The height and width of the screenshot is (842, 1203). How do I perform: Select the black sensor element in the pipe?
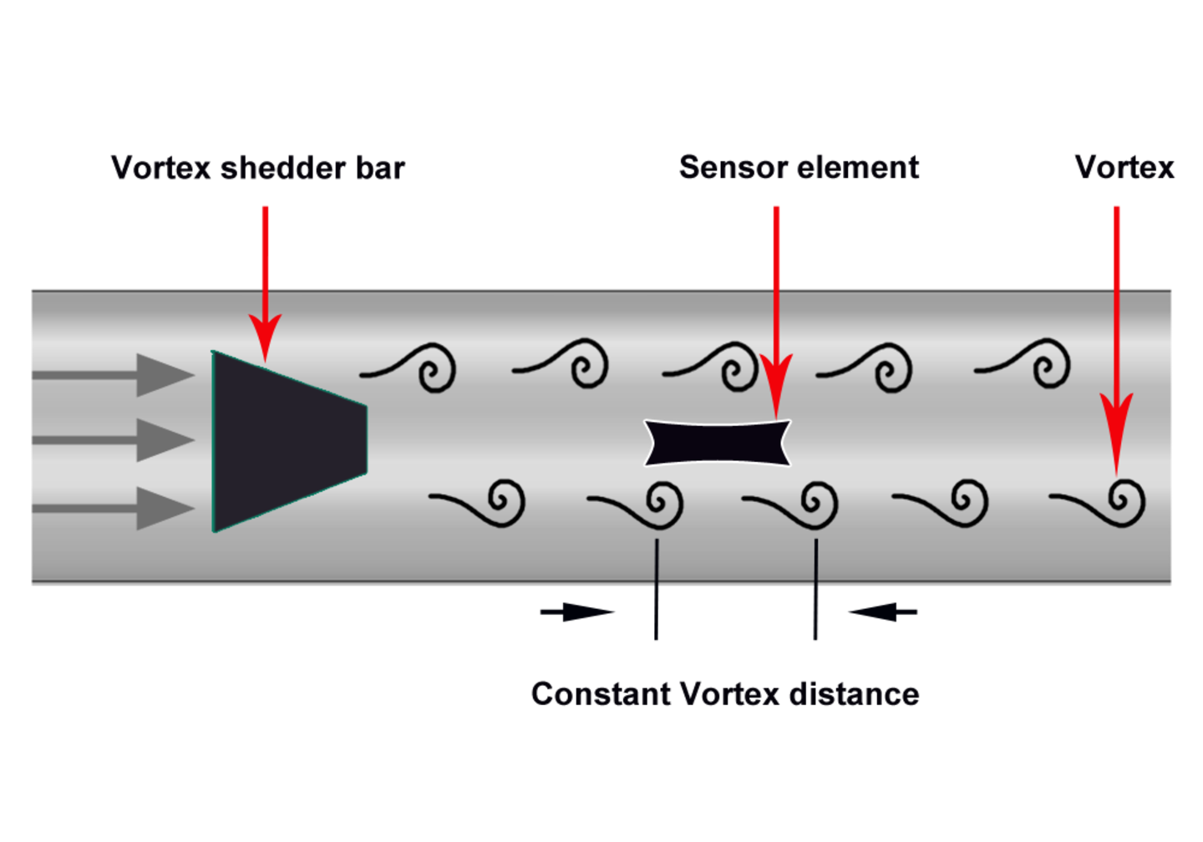point(717,443)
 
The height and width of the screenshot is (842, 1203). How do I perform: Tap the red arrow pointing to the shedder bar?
point(266,276)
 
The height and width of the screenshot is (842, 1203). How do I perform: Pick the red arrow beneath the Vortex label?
point(1116,334)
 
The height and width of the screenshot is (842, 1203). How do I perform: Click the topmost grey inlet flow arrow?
point(117,375)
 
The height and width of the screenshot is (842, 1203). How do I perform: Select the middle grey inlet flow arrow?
point(117,439)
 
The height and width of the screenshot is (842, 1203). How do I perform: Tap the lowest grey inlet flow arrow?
point(117,508)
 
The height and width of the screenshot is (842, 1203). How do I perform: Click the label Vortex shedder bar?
point(258,168)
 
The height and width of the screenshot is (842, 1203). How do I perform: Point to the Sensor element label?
point(799,168)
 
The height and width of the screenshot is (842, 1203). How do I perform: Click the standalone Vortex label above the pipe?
point(1124,168)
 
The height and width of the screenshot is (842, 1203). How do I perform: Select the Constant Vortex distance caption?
point(725,694)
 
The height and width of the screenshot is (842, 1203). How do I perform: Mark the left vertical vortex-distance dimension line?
point(657,589)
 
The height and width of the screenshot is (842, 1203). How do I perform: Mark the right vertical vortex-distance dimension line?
point(815,589)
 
